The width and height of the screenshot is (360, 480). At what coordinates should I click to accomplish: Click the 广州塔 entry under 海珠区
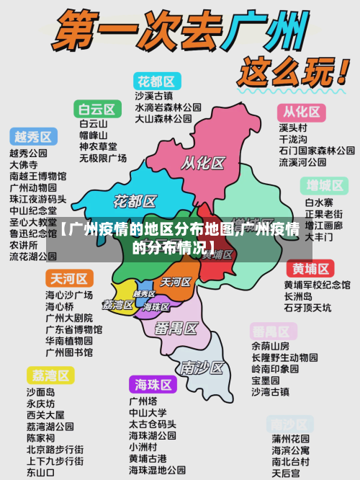coord(144,401)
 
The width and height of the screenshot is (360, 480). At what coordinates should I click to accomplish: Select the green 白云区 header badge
coord(96,110)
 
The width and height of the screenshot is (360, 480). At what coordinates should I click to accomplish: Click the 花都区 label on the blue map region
coord(135,200)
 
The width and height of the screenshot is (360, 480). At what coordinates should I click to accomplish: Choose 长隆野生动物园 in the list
coord(284,357)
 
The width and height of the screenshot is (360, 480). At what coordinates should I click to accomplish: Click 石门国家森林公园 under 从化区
coord(316,151)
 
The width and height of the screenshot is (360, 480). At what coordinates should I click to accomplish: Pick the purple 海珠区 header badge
coord(153,384)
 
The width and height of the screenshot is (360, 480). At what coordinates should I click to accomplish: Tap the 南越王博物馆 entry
coord(37,176)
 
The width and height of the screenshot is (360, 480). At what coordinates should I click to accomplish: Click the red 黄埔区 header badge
coord(310,269)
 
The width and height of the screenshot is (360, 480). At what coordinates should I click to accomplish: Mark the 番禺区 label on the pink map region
coord(176,329)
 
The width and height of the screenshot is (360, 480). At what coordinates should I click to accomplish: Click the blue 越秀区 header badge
coord(33,136)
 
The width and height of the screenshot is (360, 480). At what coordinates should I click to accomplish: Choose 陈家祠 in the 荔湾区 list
coord(40,438)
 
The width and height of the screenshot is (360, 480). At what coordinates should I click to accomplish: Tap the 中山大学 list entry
coord(148,413)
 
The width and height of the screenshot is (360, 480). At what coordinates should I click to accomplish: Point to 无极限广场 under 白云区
coord(103,158)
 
